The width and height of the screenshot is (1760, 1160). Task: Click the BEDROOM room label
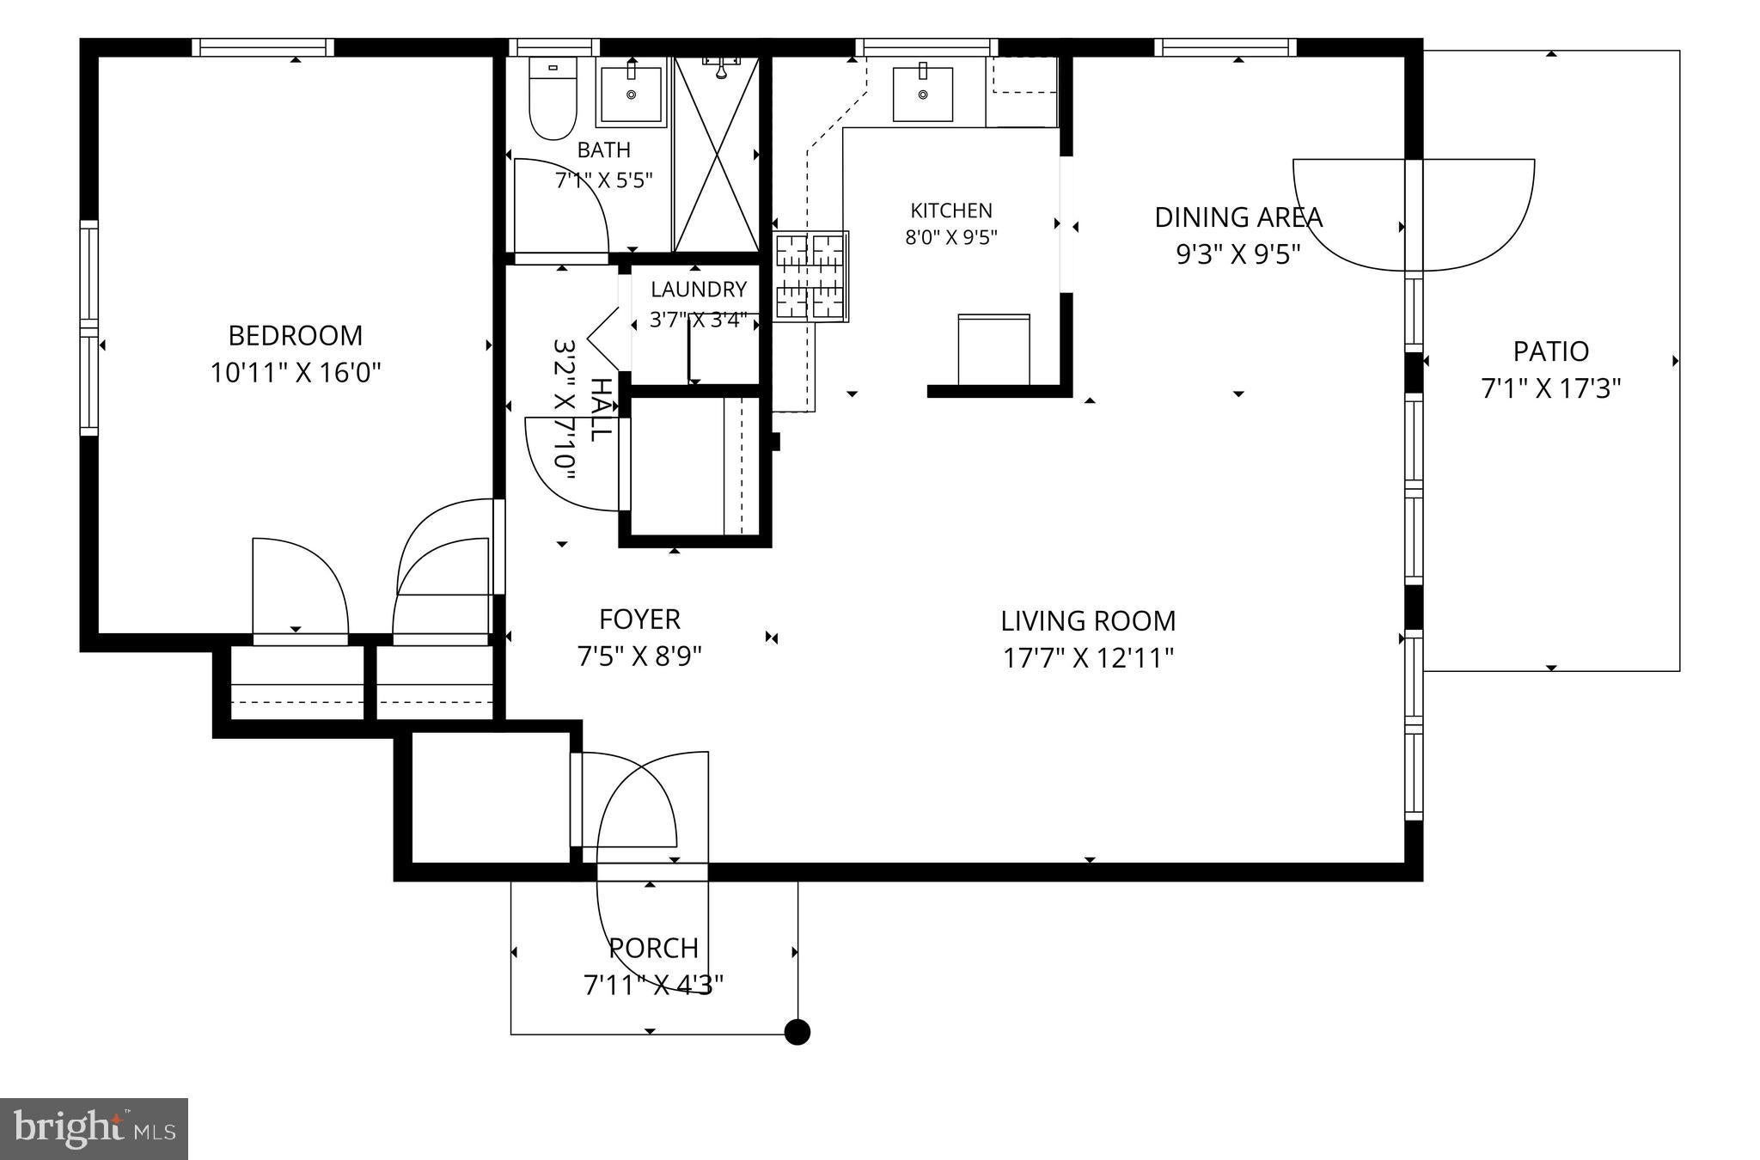point(295,334)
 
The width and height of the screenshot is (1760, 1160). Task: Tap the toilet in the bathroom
point(553,98)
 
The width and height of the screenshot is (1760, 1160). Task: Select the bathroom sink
point(631,93)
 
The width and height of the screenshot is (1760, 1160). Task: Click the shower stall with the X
point(717,155)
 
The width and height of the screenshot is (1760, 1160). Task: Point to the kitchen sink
point(922,93)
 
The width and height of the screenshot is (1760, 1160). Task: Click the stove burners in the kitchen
point(810,277)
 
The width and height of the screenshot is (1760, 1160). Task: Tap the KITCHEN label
point(951,211)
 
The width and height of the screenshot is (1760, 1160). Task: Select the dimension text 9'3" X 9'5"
point(1237,254)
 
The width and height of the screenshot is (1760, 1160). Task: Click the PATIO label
point(1551,351)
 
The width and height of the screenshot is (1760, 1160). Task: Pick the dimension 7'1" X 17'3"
point(1551,388)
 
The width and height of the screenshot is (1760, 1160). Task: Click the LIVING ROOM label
point(1088,620)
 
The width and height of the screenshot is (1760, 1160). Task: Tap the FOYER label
point(639,619)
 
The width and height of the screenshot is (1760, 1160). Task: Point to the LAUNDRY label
point(699,290)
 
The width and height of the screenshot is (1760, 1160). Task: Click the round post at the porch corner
point(797,1031)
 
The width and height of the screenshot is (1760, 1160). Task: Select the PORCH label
point(653,948)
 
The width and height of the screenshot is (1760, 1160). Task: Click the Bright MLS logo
point(94,1129)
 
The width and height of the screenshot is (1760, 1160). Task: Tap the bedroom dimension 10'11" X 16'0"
point(296,373)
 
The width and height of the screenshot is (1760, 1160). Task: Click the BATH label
point(604,150)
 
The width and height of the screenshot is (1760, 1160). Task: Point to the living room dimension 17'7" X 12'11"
point(1088,658)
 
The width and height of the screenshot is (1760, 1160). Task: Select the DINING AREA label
point(1237,217)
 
